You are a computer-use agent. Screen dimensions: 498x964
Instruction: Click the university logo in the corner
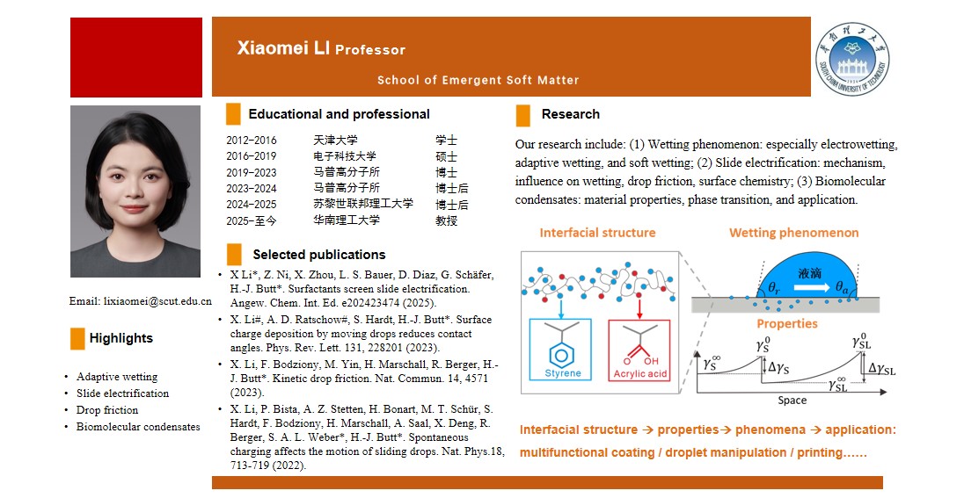point(851,57)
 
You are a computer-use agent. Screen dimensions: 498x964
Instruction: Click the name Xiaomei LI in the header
point(283,48)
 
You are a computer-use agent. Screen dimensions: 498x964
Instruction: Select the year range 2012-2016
point(251,141)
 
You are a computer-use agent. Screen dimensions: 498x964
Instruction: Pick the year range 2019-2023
point(251,172)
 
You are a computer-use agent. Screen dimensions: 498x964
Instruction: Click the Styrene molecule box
point(560,350)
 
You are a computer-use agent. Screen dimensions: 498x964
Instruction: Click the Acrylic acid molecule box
point(639,350)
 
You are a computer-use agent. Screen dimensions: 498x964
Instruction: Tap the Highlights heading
point(120,338)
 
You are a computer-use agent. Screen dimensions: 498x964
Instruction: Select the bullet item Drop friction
point(107,410)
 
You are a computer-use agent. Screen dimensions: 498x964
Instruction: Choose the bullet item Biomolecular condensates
point(138,427)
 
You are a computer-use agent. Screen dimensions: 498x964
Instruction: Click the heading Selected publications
point(318,255)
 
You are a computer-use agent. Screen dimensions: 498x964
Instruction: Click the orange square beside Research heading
point(523,115)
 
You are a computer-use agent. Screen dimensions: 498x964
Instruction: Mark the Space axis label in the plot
point(792,401)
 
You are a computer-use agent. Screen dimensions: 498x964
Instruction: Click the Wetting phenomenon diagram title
point(793,233)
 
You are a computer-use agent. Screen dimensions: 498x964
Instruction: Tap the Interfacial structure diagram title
point(597,233)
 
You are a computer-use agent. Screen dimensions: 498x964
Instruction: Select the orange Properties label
point(787,323)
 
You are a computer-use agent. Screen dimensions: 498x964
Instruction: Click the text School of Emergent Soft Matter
point(478,80)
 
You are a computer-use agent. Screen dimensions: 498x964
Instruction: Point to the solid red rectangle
point(136,57)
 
